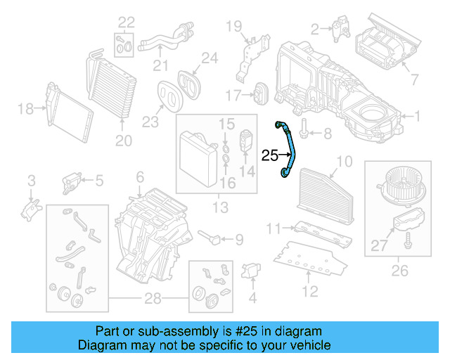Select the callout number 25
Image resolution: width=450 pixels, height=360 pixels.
(x=271, y=155)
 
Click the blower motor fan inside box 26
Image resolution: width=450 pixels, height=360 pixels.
(x=400, y=186)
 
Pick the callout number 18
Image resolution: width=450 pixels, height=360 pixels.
(x=25, y=109)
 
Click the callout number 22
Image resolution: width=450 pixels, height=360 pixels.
(x=125, y=21)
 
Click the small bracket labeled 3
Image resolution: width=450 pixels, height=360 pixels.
(x=32, y=207)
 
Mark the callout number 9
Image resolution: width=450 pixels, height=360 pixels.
(x=239, y=240)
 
